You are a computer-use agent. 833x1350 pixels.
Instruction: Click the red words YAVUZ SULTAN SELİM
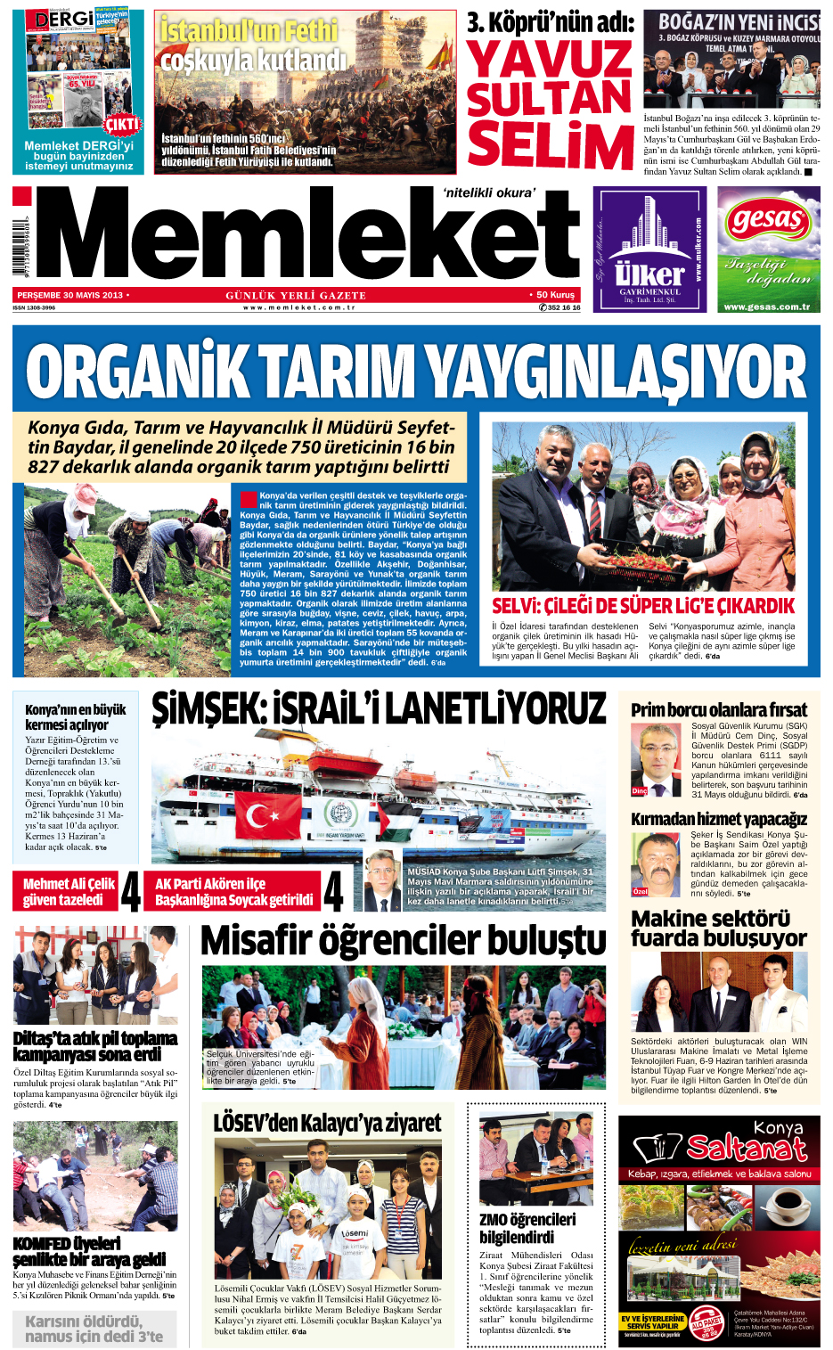pos(550,103)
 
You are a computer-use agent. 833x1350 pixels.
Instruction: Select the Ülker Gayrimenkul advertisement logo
pos(649,250)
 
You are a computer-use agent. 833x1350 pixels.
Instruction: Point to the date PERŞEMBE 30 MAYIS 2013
pos(70,295)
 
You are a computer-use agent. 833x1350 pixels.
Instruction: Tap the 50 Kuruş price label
pos(555,295)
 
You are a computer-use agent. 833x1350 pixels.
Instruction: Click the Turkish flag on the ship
pos(261,815)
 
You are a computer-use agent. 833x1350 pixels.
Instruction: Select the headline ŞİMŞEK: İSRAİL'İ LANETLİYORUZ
pos(379,709)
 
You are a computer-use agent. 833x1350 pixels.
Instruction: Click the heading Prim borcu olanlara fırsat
pos(719,710)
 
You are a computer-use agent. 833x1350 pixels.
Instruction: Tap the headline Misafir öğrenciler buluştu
pos(404,941)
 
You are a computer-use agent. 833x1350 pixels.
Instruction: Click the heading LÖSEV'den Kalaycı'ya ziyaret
pos(327,1123)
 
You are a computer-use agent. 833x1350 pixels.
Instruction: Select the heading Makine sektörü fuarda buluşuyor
pos(719,928)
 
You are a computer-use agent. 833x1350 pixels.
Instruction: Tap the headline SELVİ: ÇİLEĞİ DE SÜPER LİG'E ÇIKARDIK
pos(643,606)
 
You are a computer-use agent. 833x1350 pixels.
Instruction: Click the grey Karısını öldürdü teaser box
pos(94,1329)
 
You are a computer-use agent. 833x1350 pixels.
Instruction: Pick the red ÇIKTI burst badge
pos(122,125)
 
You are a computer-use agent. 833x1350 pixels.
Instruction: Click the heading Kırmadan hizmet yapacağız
pos(719,818)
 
